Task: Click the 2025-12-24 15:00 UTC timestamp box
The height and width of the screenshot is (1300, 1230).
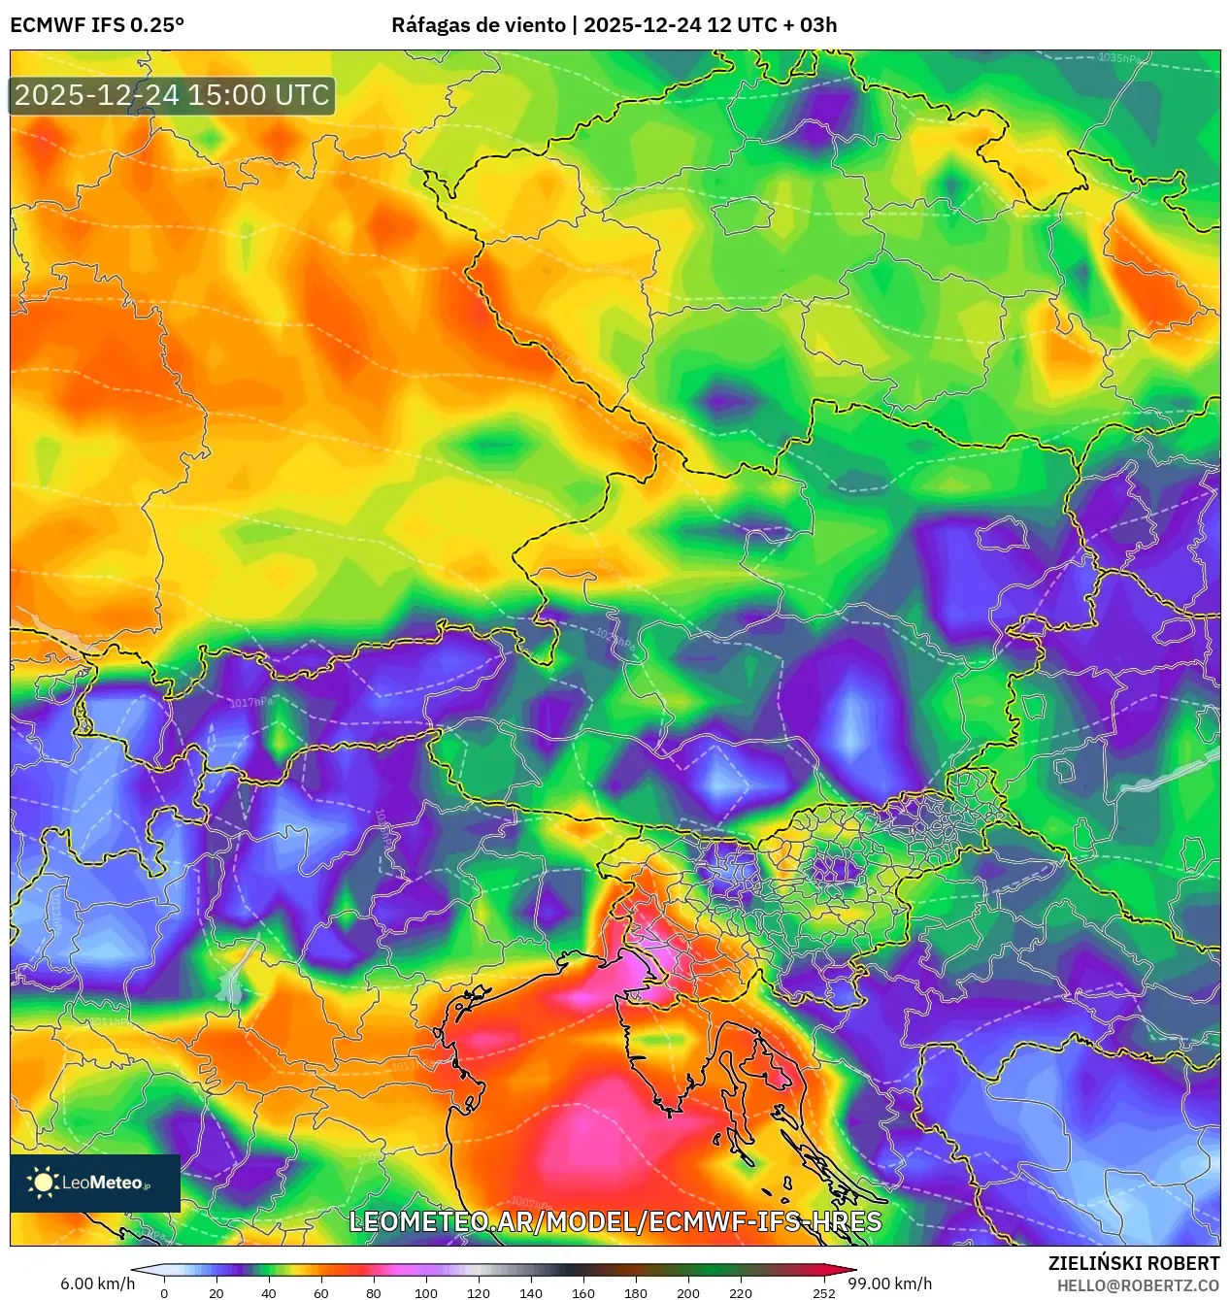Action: coord(172,95)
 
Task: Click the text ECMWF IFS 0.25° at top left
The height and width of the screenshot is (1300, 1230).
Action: coord(97,24)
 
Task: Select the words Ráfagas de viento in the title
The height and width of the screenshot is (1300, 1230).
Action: coord(478,24)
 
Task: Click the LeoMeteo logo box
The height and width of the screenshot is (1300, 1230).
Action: coord(95,1183)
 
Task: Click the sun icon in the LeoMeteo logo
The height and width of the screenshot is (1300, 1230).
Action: coord(43,1182)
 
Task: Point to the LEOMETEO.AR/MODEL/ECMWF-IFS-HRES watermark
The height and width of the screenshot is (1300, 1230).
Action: coord(615,1221)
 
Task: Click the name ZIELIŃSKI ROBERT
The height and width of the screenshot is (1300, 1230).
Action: coord(1133,1263)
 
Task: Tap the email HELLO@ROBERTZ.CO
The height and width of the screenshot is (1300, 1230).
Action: coord(1138,1285)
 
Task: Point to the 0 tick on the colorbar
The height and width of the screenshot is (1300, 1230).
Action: coord(164,1292)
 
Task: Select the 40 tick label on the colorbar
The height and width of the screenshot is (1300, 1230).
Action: coord(269,1292)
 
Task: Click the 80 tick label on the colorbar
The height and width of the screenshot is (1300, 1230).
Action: coord(374,1292)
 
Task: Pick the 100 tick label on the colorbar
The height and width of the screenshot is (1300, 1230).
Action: coord(426,1292)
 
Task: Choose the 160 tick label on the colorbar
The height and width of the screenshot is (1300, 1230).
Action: coord(583,1292)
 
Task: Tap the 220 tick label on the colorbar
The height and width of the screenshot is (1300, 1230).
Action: coord(741,1292)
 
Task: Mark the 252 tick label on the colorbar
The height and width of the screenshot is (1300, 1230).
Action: coord(824,1292)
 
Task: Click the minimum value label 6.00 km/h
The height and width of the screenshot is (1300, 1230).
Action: coord(97,1283)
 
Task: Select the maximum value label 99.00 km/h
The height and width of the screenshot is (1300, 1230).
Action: coord(890,1283)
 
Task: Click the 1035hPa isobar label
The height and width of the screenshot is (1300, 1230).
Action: coord(1121,58)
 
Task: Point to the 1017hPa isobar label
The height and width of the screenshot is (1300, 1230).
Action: coord(251,702)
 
